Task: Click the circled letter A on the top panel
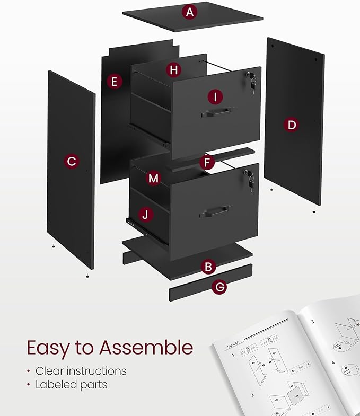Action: click(189, 12)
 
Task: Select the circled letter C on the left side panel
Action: click(72, 161)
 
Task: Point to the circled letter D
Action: click(291, 125)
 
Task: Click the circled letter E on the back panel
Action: click(114, 81)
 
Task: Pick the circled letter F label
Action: click(207, 162)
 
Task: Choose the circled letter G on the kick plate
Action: click(219, 287)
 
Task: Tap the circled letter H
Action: click(173, 69)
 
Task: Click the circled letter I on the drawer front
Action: click(215, 96)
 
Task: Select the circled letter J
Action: click(146, 215)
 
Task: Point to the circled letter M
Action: click(153, 178)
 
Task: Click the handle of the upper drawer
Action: click(217, 111)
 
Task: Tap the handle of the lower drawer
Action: click(215, 211)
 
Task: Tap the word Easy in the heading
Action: click(48, 349)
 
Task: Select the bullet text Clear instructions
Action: click(81, 371)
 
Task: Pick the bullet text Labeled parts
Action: click(71, 385)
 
